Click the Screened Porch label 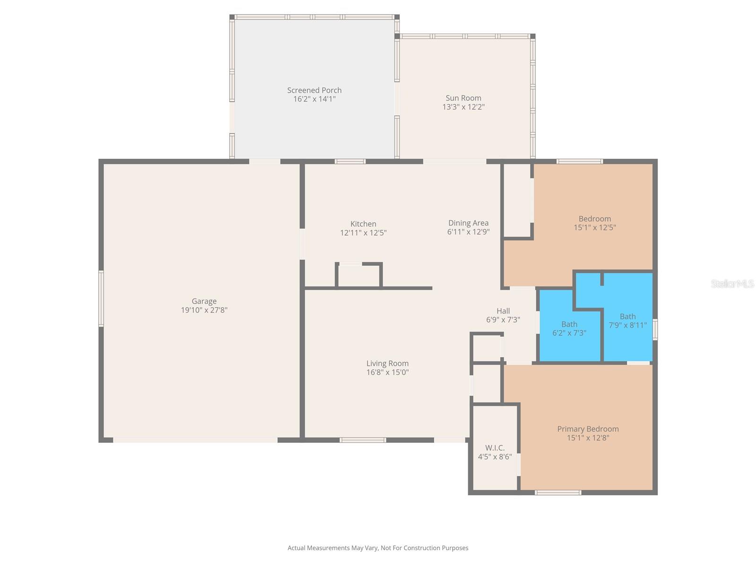pos(314,90)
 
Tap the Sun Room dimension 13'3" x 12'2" pos(464,107)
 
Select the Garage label pos(204,301)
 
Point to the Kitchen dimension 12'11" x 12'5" pos(363,232)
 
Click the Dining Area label pos(468,223)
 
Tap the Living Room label pos(387,363)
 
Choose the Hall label pos(503,311)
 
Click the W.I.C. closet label pos(495,448)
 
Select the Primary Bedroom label pos(588,429)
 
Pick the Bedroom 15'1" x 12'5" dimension pos(594,227)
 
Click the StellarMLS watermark pos(732,284)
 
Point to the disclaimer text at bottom pos(378,548)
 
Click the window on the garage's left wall pos(101,299)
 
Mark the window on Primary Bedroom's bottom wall pos(558,493)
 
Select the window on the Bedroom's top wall pos(580,162)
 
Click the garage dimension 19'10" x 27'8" pos(204,310)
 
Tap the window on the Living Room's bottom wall pos(363,440)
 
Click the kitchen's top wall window pos(350,162)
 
